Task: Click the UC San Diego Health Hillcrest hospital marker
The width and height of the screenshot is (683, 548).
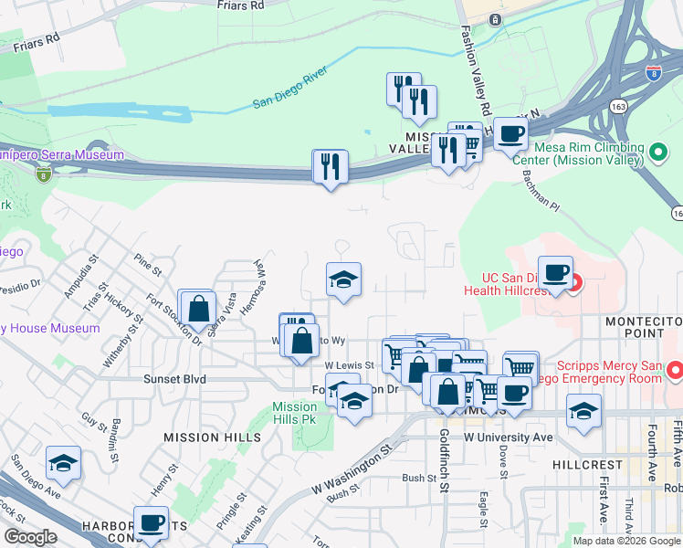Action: pos(575,282)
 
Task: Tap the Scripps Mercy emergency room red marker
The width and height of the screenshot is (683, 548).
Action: pos(675,370)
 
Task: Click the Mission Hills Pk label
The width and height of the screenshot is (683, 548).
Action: pos(294,413)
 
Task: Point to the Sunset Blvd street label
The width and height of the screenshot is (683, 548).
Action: pos(174,378)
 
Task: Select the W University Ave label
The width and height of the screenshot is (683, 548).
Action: pos(508,437)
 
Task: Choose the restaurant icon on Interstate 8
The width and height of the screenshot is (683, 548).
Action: pos(330,166)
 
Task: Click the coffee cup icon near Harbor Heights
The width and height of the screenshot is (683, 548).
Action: pos(152,523)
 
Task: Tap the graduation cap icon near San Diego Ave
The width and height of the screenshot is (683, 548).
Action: pos(63,464)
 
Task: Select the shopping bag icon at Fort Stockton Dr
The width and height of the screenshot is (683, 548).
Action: pos(197,307)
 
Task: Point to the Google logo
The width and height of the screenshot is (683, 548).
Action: pos(30,537)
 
